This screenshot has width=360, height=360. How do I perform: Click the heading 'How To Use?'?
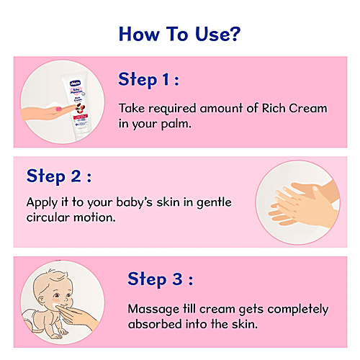(179, 34)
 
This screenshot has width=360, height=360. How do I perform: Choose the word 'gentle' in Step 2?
(212, 203)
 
